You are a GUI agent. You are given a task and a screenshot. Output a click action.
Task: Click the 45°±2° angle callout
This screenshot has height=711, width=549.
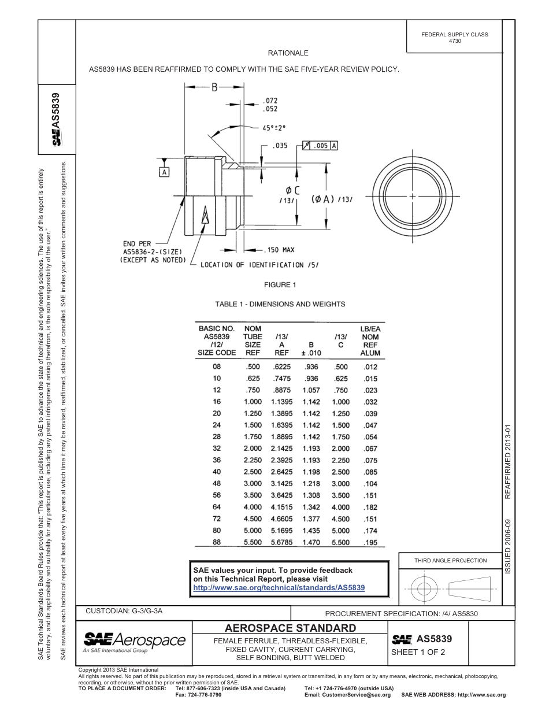274,129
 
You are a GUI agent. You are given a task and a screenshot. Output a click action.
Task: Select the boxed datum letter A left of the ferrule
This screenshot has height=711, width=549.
165,172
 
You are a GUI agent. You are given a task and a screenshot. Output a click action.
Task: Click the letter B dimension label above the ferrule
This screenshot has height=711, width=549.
213,88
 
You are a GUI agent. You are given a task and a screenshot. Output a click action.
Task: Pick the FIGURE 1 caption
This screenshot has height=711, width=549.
280,284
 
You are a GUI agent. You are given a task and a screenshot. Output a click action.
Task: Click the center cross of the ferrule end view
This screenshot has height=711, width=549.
413,197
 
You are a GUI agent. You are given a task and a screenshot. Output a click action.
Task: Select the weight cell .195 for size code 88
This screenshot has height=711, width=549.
370,542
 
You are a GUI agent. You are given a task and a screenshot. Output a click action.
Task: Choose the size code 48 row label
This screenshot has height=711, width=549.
217,483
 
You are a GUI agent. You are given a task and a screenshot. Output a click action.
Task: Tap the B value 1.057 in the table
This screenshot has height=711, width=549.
311,390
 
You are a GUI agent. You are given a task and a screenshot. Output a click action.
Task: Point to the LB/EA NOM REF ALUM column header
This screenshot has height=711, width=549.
370,340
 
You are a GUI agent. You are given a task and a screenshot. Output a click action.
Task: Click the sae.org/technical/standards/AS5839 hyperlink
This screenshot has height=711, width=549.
279,587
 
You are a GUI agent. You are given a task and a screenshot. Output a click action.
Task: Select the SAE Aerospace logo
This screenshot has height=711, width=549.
134,642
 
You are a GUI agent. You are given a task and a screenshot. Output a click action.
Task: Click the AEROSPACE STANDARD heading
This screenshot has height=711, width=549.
290,628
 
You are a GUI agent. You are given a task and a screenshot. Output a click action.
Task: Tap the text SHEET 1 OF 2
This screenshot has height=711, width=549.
418,652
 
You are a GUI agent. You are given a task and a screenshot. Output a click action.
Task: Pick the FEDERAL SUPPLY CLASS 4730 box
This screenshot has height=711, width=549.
454,38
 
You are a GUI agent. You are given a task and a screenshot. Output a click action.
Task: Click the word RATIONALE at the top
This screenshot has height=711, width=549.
288,53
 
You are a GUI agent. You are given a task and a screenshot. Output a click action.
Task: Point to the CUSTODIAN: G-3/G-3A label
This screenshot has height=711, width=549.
128,610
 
